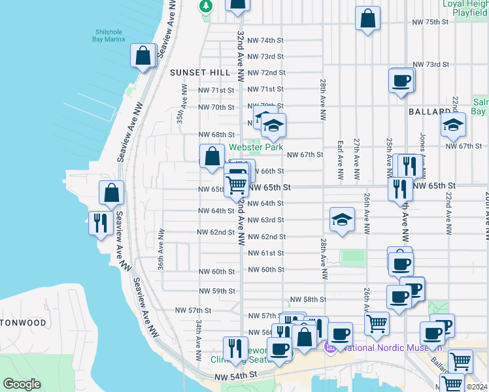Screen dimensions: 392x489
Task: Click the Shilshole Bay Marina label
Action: [x=110, y=35]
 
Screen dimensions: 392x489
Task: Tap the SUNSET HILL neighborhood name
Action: [x=197, y=73]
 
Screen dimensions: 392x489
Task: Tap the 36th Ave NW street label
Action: [x=160, y=250]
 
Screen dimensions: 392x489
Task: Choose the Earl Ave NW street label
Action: [x=340, y=160]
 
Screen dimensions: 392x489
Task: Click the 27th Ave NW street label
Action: [x=357, y=159]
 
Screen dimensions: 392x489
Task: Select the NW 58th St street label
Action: [x=307, y=299]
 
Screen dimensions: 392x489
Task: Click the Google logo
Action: [x=22, y=384]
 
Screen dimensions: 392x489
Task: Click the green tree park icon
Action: [x=207, y=6]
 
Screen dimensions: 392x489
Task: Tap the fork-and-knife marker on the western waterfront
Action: [x=100, y=223]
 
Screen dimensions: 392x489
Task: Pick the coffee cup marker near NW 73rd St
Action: [x=401, y=81]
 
